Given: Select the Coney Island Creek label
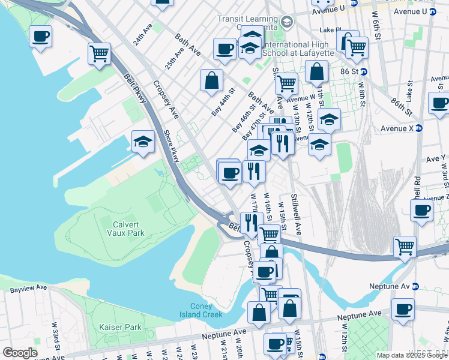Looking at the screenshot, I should click(x=205, y=310).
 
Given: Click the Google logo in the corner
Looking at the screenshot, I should click(x=19, y=353).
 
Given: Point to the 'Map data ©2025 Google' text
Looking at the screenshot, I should click(x=412, y=355).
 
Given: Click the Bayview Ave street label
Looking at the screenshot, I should click(x=28, y=289).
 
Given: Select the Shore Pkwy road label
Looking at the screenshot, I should click(x=172, y=147).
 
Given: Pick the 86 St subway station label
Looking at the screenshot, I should click(x=354, y=71).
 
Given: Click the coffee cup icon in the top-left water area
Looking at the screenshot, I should click(x=40, y=37).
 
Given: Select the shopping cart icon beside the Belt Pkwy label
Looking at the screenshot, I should click(x=99, y=53).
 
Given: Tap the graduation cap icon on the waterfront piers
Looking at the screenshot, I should click(x=143, y=142).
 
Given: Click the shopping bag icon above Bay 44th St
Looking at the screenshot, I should click(x=211, y=80).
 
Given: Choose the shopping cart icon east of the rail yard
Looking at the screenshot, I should click(x=405, y=246).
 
